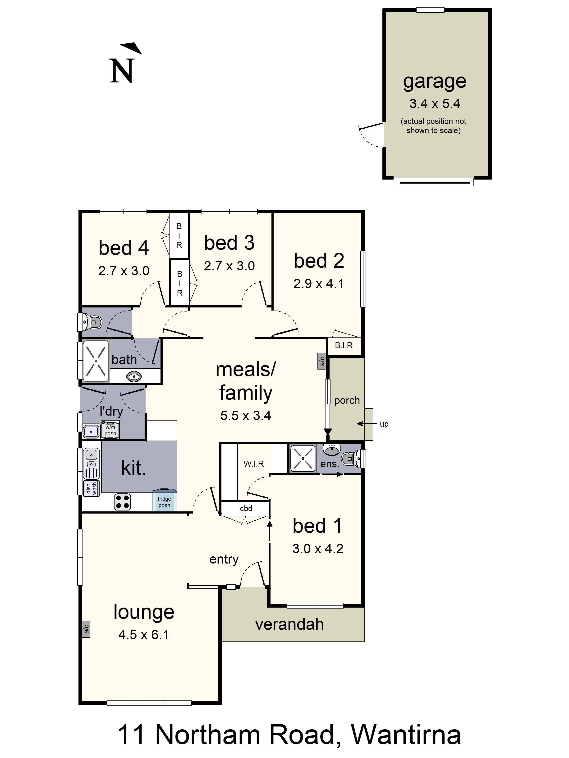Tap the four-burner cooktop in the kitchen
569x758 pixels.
coord(122,502)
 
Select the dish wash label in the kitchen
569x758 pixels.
coord(91,488)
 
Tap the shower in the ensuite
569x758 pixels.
coord(303,458)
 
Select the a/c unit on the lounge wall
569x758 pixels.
coord(86,629)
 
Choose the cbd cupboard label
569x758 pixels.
coord(246,508)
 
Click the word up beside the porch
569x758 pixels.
coord(384,424)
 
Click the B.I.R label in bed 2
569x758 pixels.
coord(344,345)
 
